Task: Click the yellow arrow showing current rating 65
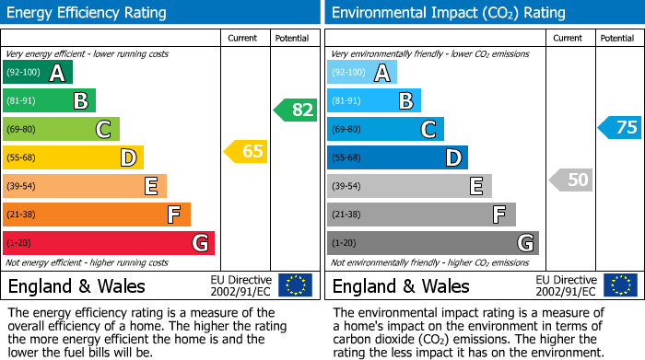click(x=247, y=151)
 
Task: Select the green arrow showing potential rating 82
click(x=296, y=110)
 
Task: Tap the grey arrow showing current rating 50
click(x=571, y=180)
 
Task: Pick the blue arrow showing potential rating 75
click(x=620, y=128)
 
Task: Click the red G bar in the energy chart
click(x=108, y=243)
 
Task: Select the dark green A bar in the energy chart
click(x=37, y=73)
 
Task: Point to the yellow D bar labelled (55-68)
click(x=73, y=157)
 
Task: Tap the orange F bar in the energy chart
click(x=96, y=215)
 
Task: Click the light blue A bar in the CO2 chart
click(x=361, y=73)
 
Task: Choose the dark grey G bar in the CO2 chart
click(x=432, y=243)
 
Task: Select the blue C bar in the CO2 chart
click(x=385, y=129)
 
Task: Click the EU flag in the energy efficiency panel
click(x=296, y=285)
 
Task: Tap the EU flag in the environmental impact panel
click(x=620, y=285)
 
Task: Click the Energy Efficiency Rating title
click(x=88, y=13)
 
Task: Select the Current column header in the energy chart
click(x=244, y=38)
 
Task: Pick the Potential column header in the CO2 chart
click(x=617, y=38)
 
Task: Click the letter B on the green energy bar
click(x=80, y=101)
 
